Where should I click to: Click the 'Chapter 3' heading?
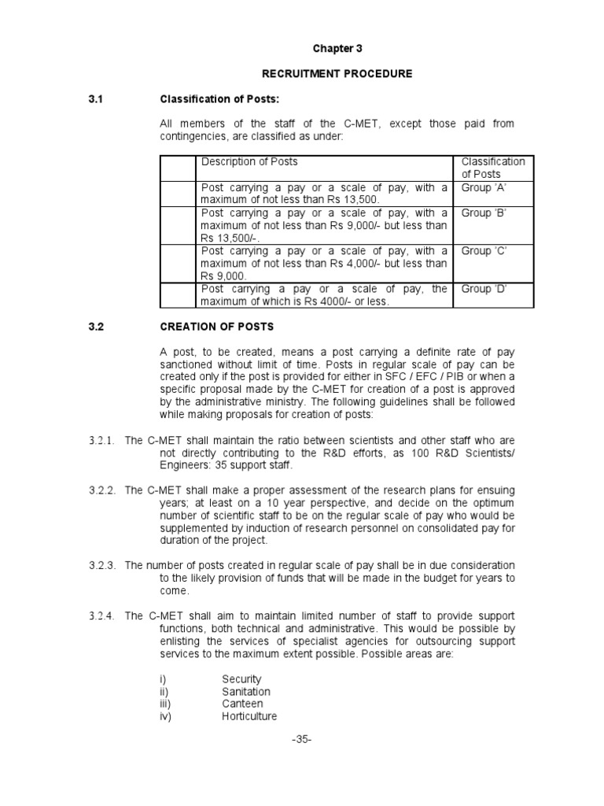pos(337,49)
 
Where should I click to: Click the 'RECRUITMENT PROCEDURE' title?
pos(337,74)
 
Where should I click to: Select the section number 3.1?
pos(96,99)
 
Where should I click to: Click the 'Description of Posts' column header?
pos(249,162)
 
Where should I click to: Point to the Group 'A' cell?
pos(484,188)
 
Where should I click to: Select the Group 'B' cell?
pos(484,213)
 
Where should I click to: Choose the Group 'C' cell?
pos(484,251)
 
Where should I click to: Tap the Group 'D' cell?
pos(484,289)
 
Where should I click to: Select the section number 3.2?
pos(96,326)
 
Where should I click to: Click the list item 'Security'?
pos(241,678)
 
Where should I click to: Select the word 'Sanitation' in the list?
pos(245,691)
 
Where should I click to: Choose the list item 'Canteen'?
pos(242,704)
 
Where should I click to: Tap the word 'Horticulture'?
pos(249,716)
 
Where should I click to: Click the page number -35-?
pos(302,740)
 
